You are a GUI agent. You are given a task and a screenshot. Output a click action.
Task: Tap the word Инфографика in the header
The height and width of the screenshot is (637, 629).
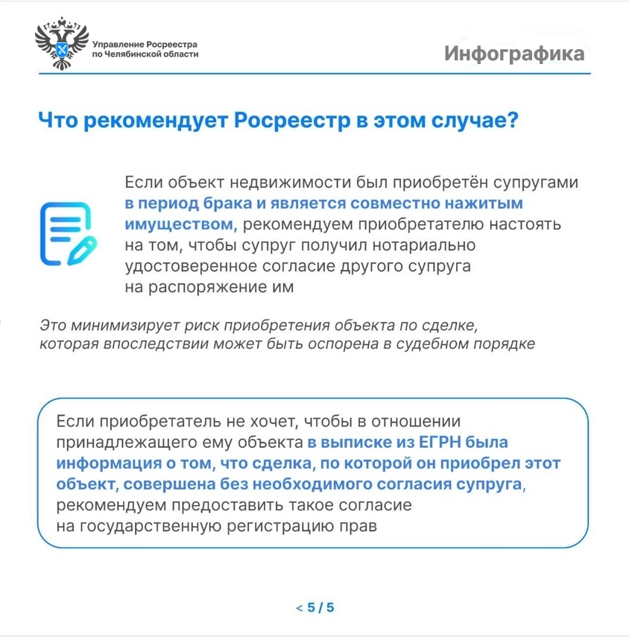pos(514,54)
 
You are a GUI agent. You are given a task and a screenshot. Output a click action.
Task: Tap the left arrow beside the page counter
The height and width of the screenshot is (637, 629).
pos(299,608)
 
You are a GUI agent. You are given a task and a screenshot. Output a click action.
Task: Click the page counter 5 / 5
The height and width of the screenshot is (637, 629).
pos(321,608)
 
